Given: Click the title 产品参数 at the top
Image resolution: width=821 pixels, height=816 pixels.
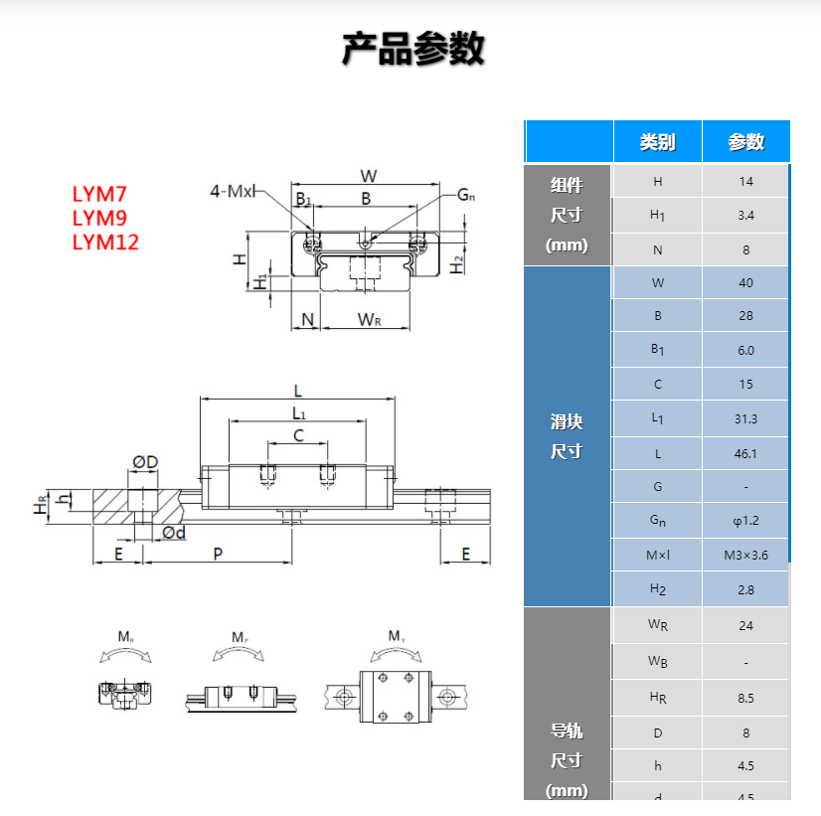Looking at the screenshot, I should (x=411, y=49).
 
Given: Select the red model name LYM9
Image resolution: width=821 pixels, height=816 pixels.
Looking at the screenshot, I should (x=99, y=218).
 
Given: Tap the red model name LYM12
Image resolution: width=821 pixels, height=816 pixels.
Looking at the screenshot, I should (x=105, y=242).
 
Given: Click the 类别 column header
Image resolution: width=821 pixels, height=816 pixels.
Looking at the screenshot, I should (x=657, y=142).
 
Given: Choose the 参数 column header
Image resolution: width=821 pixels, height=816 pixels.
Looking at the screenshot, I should (x=745, y=142).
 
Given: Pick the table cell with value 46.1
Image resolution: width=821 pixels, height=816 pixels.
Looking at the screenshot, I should (x=745, y=453).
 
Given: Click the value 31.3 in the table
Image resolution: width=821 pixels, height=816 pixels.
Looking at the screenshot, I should (x=745, y=418).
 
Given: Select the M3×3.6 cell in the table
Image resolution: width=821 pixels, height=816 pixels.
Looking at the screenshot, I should (x=745, y=555).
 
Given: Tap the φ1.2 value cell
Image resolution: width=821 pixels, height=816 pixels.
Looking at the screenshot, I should (x=745, y=521).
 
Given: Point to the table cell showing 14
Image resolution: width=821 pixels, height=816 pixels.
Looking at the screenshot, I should (x=745, y=181).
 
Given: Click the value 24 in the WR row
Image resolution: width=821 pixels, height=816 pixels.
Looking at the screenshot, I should (x=745, y=625).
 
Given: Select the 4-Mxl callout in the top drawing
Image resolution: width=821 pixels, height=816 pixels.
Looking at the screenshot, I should (x=233, y=191).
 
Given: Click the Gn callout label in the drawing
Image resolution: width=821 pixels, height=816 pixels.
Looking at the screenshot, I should (x=465, y=195).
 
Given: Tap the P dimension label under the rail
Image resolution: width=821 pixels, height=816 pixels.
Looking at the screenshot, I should (x=218, y=554).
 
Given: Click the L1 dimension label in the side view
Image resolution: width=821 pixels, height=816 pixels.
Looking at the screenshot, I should (x=298, y=411).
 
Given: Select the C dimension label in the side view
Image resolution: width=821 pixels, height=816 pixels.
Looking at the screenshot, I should (x=297, y=435).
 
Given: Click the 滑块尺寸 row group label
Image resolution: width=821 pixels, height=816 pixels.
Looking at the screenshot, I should (x=566, y=436).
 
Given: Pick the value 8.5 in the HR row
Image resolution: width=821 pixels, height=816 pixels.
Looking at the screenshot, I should (x=745, y=698).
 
